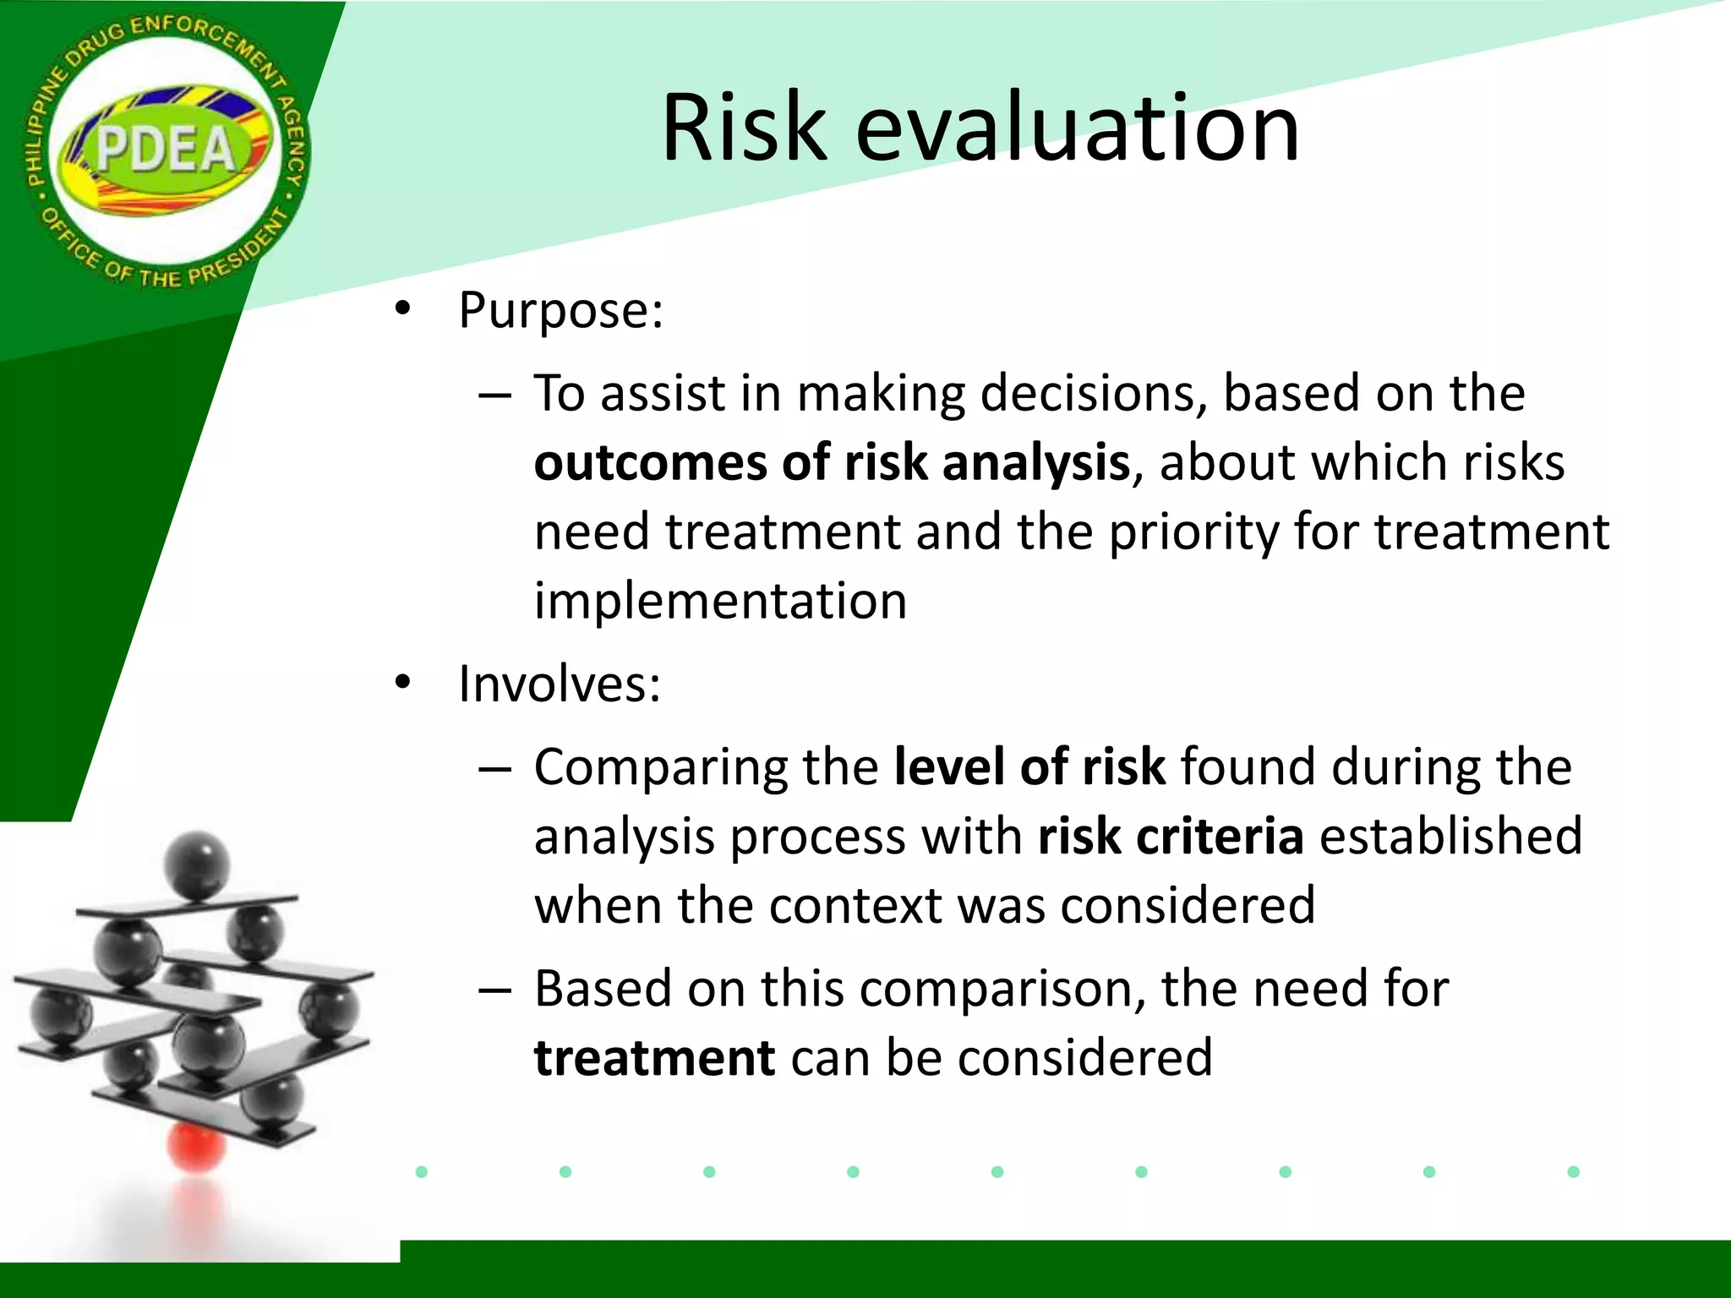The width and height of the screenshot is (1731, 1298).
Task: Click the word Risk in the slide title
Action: [x=743, y=128]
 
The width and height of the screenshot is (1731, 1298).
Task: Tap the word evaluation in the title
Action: [x=1077, y=128]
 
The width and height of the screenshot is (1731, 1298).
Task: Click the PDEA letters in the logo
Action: [x=166, y=150]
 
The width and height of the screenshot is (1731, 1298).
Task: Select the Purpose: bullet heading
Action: [x=560, y=310]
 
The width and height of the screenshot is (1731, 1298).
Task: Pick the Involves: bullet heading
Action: [x=559, y=684]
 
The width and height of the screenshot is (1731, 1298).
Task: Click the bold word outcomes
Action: [x=650, y=463]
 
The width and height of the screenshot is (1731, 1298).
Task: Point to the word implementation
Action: [x=720, y=601]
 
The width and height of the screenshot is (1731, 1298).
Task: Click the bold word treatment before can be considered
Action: [x=654, y=1058]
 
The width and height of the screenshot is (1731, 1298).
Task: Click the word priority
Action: [x=1193, y=532]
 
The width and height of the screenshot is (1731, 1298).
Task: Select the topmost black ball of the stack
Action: [x=196, y=864]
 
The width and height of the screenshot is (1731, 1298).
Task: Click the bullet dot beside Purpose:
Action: [x=402, y=310]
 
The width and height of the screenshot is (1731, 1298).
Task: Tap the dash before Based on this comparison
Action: [x=494, y=990]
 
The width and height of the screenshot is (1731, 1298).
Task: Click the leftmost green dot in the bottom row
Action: [x=422, y=1171]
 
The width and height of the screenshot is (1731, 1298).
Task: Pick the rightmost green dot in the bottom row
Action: [x=1573, y=1171]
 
